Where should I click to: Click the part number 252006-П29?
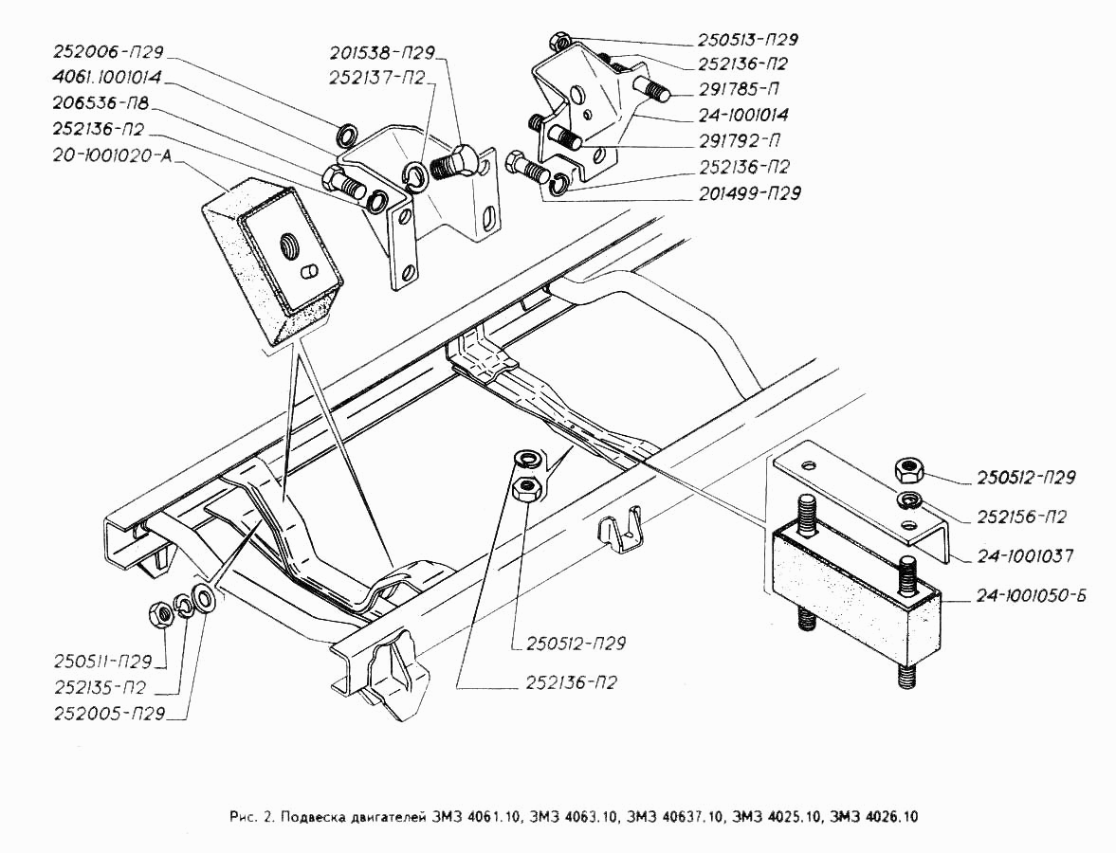coord(108,52)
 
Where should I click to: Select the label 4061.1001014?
coord(107,77)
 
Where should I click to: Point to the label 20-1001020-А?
coord(112,155)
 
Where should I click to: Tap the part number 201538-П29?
coord(382,52)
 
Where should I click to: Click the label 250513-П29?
coord(747,39)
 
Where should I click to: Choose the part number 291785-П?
coord(738,89)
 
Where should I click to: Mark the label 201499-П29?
coord(749,192)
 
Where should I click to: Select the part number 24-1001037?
coord(1024,555)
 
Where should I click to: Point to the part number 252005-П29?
coord(110,714)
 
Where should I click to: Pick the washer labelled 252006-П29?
coord(348,133)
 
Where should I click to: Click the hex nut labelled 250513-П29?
coord(559,39)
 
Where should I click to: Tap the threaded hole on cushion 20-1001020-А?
coord(289,246)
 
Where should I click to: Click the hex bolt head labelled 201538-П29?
coord(463,155)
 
